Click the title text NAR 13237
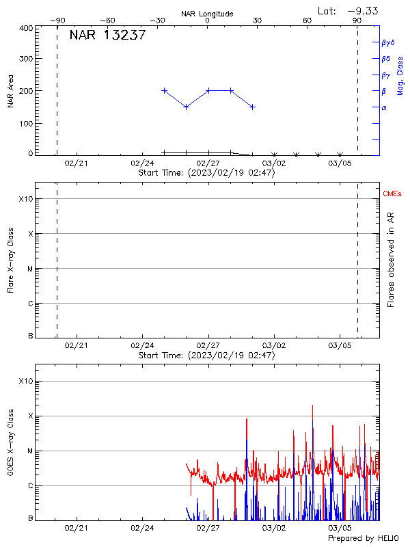click(107, 36)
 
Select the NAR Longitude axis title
click(207, 14)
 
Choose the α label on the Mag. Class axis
click(384, 107)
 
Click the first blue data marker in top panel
click(164, 90)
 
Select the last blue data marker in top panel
click(252, 107)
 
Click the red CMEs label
click(392, 195)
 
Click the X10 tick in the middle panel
click(25, 199)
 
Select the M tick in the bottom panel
click(29, 451)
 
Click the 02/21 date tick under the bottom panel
click(76, 528)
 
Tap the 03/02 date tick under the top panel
click(273, 164)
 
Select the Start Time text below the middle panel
click(206, 356)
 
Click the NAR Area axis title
click(10, 91)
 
